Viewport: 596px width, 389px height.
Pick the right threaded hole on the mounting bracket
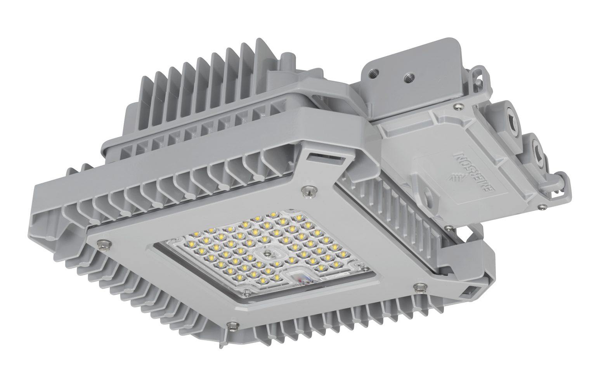(x=407, y=78)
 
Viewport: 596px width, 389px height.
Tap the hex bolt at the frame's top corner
(x=309, y=190)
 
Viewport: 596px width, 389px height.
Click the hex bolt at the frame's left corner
(x=104, y=243)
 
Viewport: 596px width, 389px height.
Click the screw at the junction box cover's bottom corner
(x=449, y=228)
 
